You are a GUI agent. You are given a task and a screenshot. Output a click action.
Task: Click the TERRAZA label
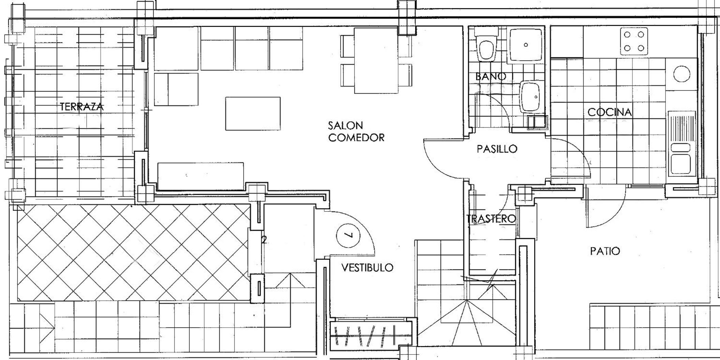[81, 107]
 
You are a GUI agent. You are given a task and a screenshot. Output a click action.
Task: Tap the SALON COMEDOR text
[356, 132]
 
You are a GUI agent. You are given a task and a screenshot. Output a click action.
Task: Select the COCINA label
[610, 112]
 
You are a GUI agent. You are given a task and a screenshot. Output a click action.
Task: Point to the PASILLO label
[497, 149]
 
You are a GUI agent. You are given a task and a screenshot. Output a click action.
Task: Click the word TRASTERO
[491, 219]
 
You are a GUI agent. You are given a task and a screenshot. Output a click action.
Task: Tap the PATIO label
[605, 251]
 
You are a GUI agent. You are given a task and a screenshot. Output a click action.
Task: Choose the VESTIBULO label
[367, 268]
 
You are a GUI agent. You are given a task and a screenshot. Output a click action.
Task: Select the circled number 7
[348, 235]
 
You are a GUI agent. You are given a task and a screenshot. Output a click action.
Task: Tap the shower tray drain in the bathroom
[526, 45]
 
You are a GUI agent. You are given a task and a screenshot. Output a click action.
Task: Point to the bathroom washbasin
[530, 97]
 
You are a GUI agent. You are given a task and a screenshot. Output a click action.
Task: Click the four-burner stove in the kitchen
[634, 41]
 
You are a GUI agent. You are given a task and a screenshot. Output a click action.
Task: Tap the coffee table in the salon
[253, 114]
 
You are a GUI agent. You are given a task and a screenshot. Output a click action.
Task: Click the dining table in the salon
[376, 60]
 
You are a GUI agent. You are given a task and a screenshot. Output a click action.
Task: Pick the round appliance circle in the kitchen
[682, 74]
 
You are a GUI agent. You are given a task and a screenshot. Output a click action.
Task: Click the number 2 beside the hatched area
[264, 240]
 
